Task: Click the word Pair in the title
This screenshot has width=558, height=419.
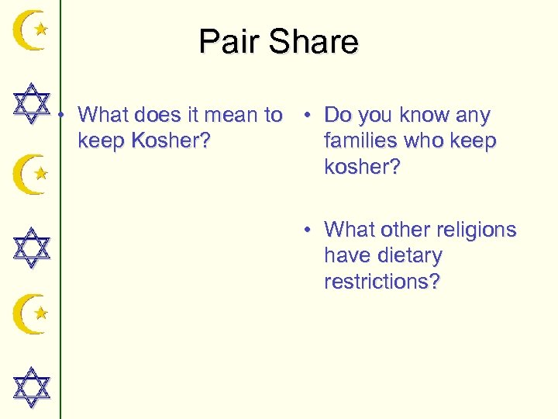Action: pos(230,42)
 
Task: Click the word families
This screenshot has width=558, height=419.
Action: pos(363,142)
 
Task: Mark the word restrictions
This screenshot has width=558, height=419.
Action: pos(382,281)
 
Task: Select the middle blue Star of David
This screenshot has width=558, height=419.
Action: pos(32,248)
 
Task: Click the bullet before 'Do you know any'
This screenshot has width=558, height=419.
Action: pos(308,116)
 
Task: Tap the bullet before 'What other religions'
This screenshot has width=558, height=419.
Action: pos(308,230)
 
